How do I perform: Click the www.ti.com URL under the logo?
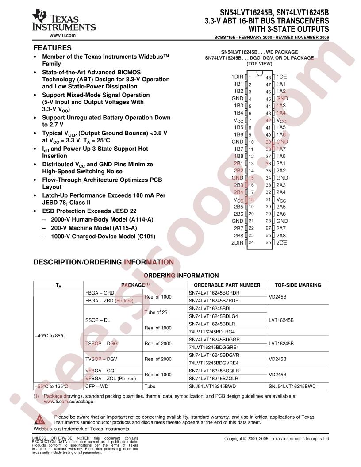click(62, 35)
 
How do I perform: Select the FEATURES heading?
click(53, 48)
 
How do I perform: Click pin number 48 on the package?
click(268, 77)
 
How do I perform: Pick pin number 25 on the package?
click(268, 242)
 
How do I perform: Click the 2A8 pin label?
click(281, 235)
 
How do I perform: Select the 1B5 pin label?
click(238, 127)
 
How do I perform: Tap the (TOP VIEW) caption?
click(260, 64)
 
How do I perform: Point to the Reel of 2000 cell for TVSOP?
click(158, 359)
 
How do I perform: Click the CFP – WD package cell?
click(96, 386)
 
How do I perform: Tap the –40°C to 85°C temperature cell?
click(50, 336)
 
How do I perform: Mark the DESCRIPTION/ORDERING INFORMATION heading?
click(104, 262)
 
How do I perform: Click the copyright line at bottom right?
click(277, 439)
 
